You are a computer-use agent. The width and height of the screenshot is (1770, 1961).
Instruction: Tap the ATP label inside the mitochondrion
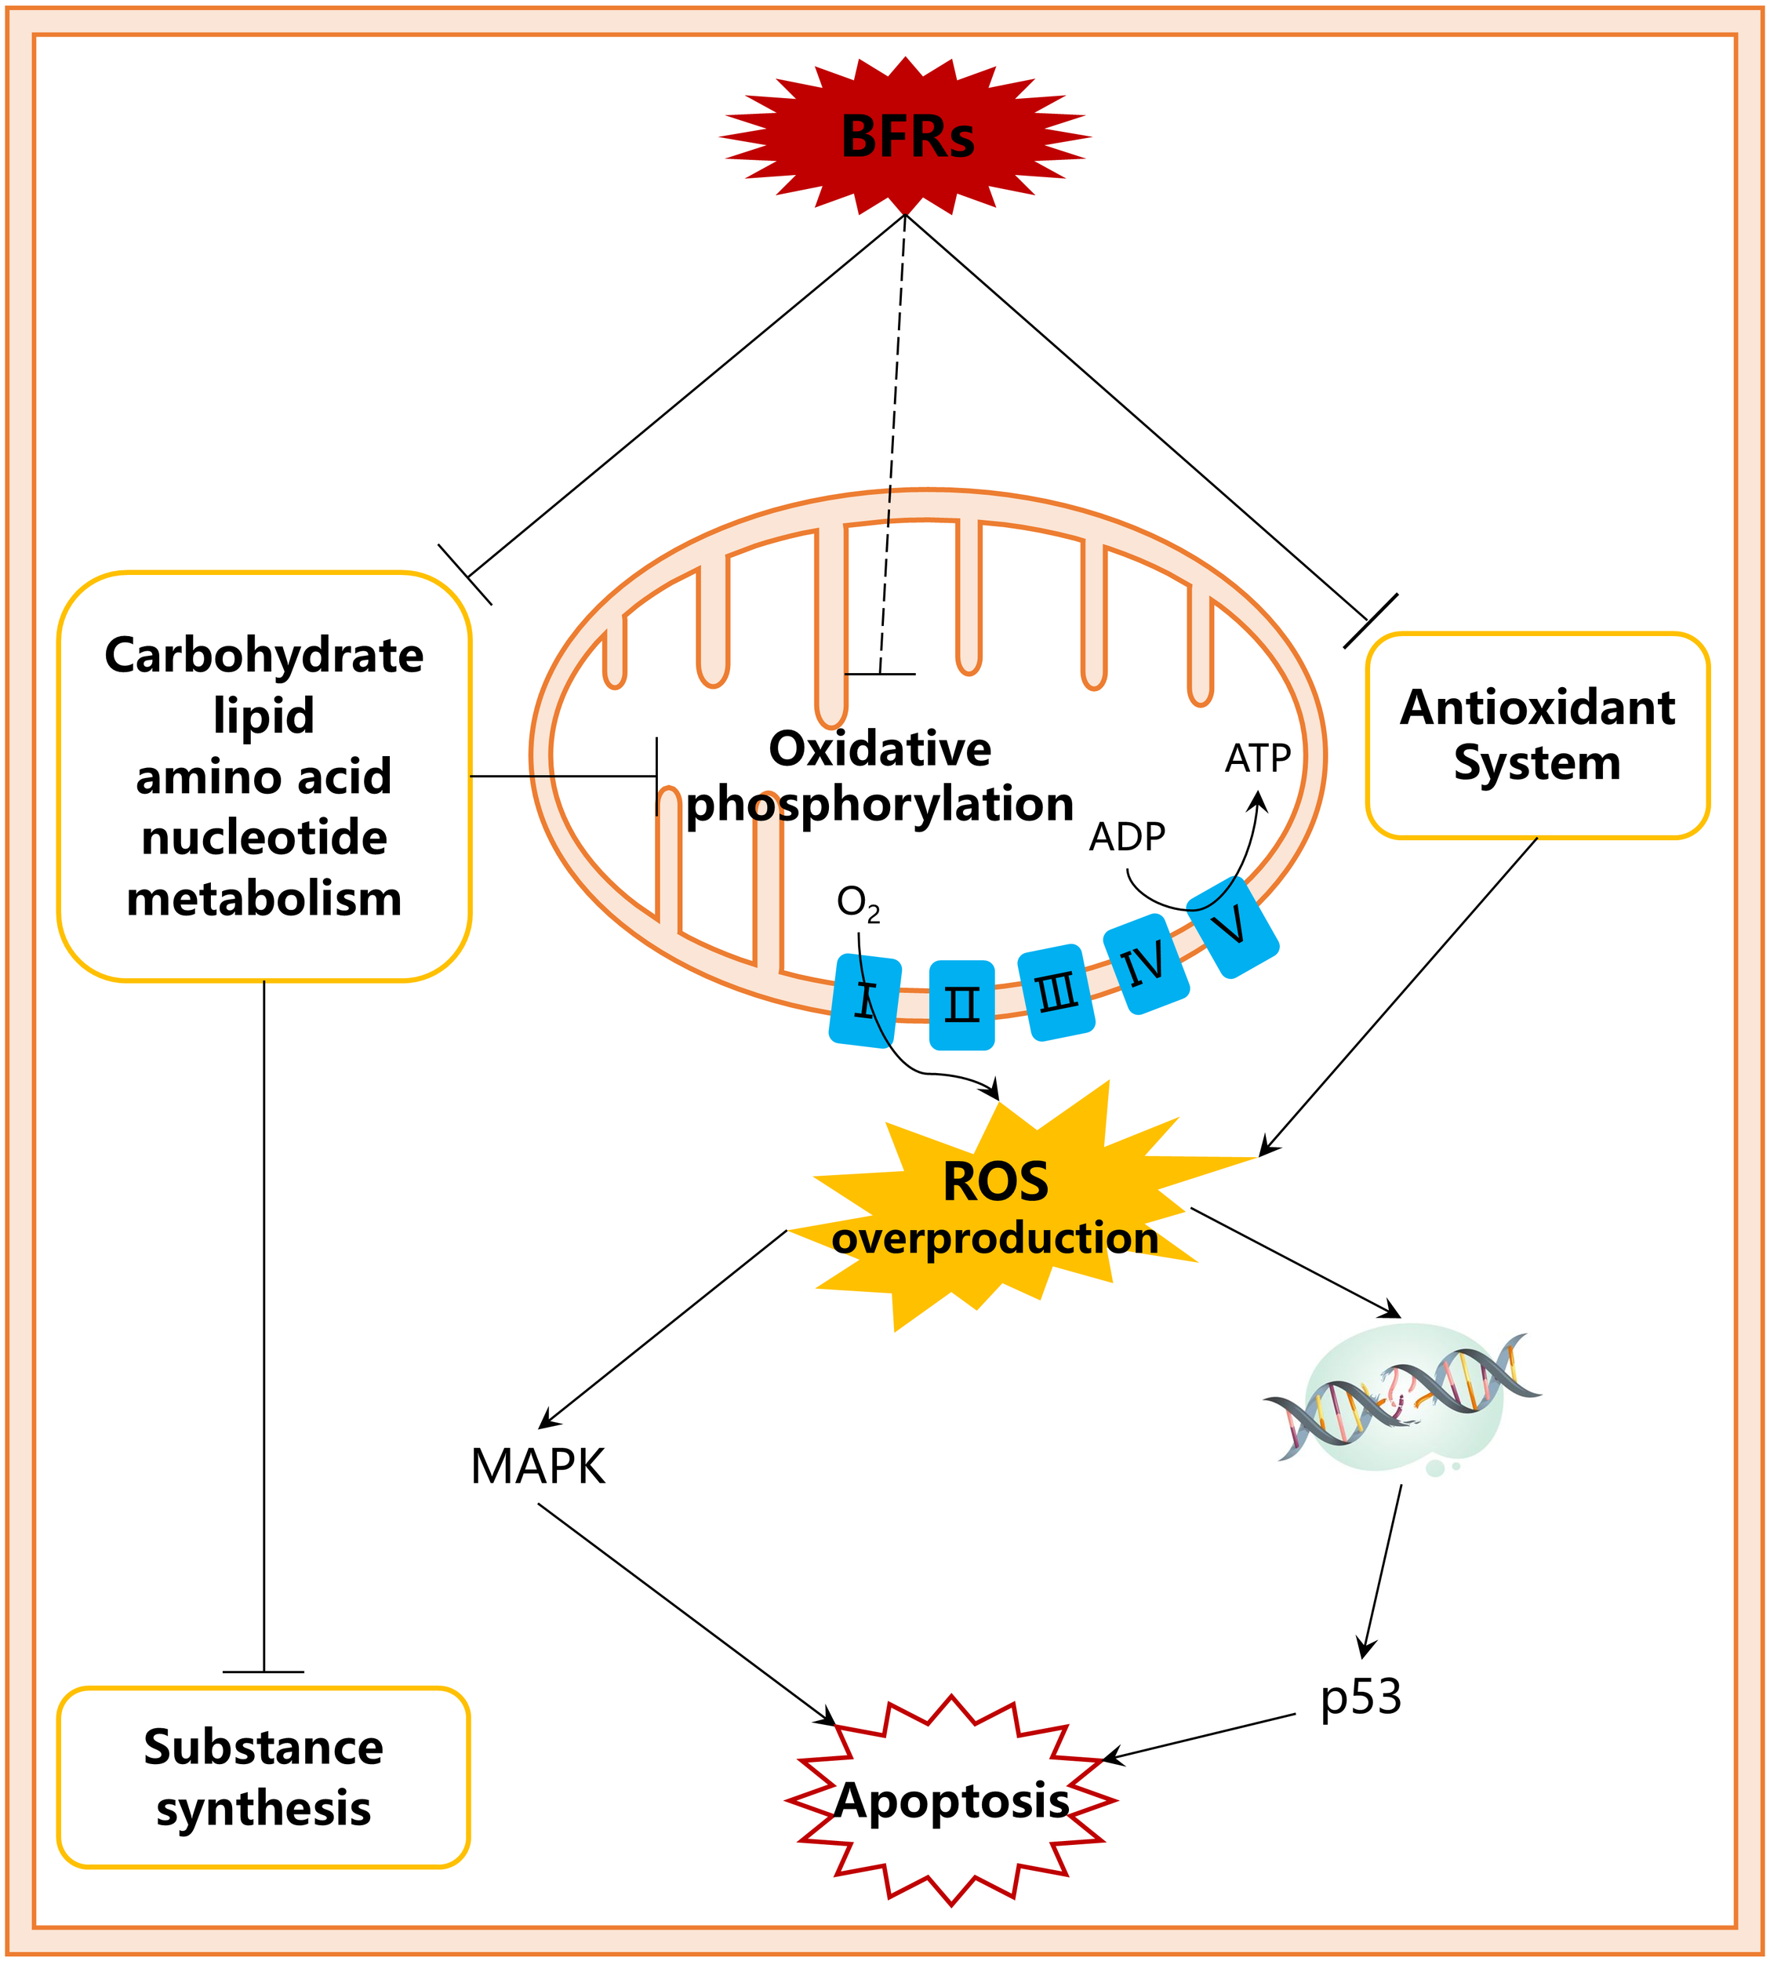point(1257,758)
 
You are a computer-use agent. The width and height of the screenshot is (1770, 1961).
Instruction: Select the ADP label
point(1126,836)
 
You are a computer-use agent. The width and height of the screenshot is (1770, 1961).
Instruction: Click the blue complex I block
point(864,1000)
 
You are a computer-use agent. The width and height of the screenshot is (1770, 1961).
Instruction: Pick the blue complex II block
point(961,1005)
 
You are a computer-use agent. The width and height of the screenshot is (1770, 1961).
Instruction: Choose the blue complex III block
point(1056,992)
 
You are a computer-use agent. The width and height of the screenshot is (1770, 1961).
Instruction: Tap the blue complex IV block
point(1146,963)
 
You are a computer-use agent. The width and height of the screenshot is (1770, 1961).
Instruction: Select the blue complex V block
point(1232,927)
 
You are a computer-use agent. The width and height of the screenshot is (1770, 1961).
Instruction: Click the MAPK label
point(538,1466)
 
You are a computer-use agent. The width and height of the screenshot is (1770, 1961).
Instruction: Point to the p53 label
point(1360,1697)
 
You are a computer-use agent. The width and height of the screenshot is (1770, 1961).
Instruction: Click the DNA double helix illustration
point(1402,1398)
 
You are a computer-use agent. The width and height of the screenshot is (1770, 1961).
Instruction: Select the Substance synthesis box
point(264,1777)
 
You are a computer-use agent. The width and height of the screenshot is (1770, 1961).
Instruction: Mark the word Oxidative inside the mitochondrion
point(879,749)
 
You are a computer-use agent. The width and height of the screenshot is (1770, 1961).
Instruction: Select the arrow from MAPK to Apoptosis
point(685,1613)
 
